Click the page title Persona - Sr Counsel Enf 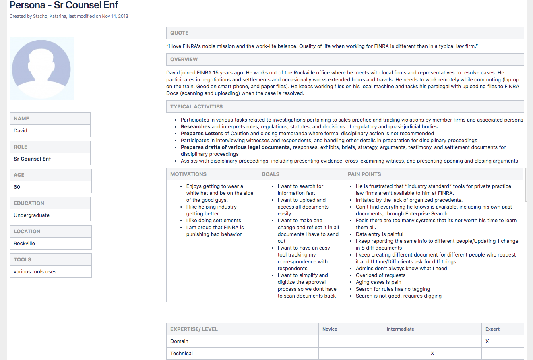[x=64, y=6]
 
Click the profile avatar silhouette [x=41, y=68]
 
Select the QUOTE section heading [x=179, y=33]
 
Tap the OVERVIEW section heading [x=184, y=60]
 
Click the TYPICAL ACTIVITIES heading [x=196, y=107]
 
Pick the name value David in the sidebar [x=21, y=131]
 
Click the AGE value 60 [x=17, y=187]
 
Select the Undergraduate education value [x=31, y=215]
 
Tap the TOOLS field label [x=23, y=260]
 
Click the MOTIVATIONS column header [x=188, y=174]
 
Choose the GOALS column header [x=271, y=174]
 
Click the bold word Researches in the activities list [x=196, y=127]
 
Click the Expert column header [x=492, y=329]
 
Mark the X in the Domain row [x=487, y=341]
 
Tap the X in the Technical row [x=432, y=354]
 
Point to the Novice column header [x=330, y=329]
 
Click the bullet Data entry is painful [x=380, y=234]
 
